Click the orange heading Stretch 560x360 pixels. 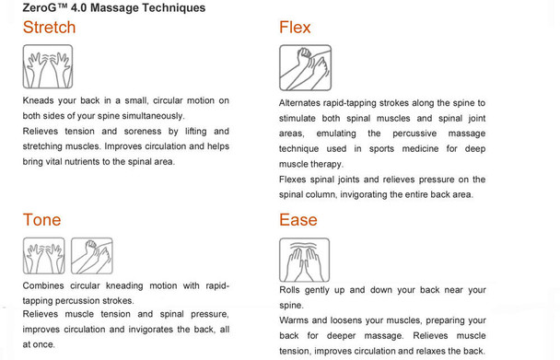click(50, 28)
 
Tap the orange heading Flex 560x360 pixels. click(295, 28)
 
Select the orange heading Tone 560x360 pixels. click(41, 220)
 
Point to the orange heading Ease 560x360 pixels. click(298, 220)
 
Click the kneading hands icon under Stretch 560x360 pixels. click(48, 66)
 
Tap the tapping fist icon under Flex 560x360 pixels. click(306, 67)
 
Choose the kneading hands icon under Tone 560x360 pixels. click(44, 256)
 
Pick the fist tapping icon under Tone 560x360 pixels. click(92, 256)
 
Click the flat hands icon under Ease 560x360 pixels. click(304, 260)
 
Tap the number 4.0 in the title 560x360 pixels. click(78, 8)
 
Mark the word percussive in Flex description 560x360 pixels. click(414, 134)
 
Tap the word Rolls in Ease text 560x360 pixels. click(289, 290)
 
